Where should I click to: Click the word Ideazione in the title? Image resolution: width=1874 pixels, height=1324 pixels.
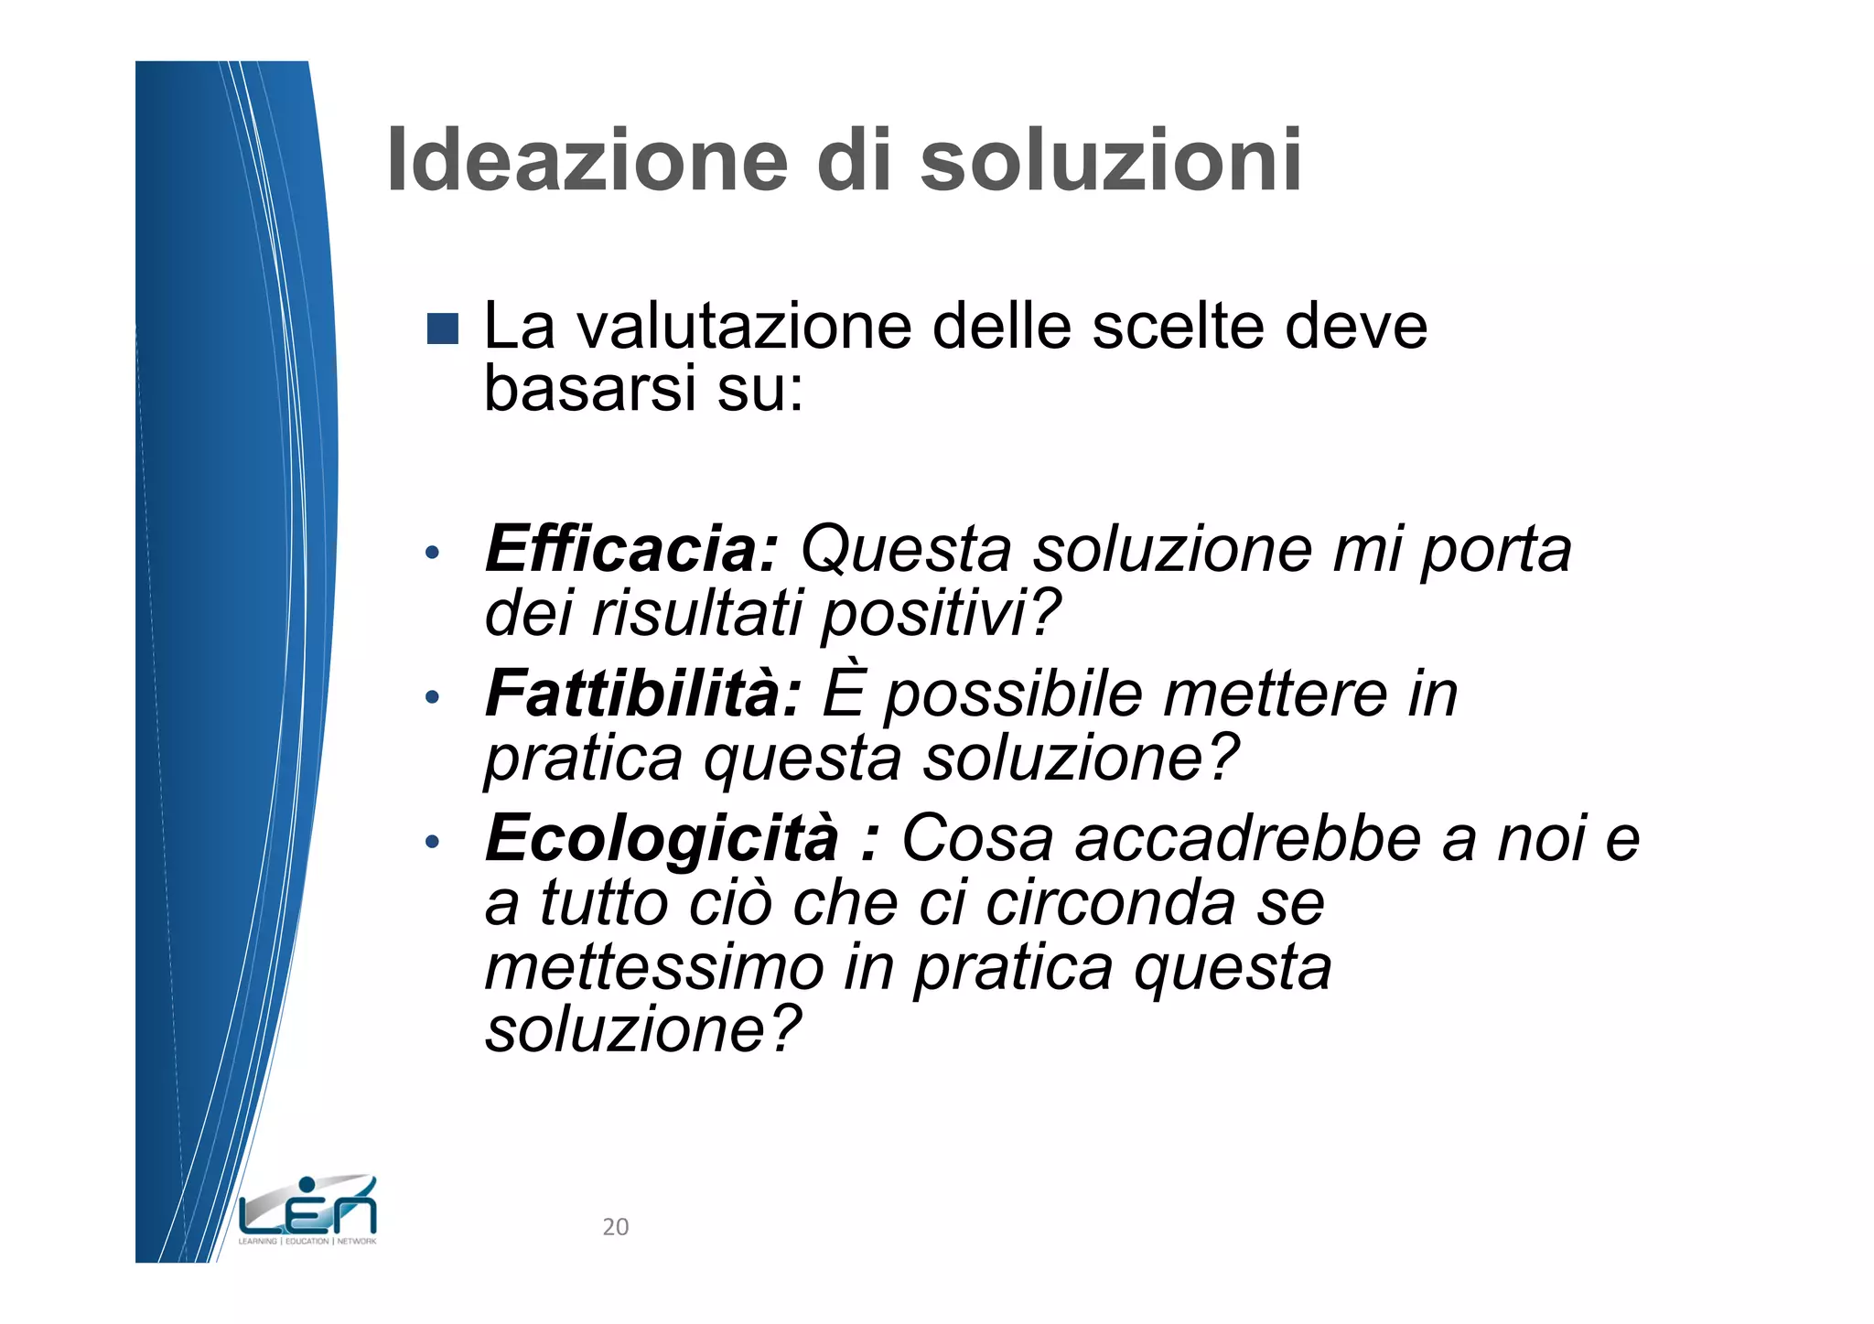(587, 161)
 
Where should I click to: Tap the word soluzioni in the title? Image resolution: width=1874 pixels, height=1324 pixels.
(1111, 161)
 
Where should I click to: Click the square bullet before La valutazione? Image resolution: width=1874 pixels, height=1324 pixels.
(443, 329)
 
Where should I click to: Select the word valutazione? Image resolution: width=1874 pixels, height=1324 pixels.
(744, 327)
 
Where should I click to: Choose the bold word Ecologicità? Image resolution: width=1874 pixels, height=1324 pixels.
(662, 838)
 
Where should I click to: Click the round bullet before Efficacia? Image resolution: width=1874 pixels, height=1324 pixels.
(433, 553)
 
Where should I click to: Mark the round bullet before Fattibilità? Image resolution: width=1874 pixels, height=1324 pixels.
(433, 697)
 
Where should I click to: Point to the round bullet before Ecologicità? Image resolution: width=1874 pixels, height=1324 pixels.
(433, 842)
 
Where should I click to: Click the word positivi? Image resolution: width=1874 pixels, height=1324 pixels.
(941, 614)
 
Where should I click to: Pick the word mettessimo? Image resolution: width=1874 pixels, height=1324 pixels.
(654, 968)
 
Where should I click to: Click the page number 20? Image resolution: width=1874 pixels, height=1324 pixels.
(616, 1227)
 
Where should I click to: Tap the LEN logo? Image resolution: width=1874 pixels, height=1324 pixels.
(307, 1211)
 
